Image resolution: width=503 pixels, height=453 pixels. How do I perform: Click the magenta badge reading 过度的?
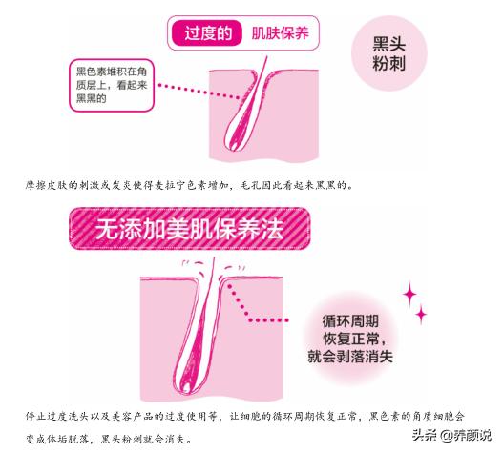(x=206, y=32)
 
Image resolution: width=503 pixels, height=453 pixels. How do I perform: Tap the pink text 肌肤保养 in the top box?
(x=280, y=33)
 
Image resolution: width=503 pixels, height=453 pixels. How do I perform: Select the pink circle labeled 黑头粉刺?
(x=388, y=53)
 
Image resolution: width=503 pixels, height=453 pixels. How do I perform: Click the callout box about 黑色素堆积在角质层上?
(x=112, y=85)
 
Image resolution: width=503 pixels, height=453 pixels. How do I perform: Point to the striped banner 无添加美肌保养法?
(x=190, y=229)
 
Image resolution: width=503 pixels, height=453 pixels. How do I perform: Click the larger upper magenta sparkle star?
(x=409, y=294)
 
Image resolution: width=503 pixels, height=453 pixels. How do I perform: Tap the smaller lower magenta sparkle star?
(x=421, y=314)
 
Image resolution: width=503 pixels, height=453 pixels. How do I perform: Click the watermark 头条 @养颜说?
(x=451, y=435)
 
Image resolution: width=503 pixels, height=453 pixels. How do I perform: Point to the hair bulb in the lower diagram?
(x=186, y=384)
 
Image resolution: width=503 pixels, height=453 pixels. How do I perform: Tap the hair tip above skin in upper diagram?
(x=266, y=58)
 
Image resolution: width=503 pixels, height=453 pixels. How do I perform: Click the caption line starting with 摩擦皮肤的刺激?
(x=189, y=185)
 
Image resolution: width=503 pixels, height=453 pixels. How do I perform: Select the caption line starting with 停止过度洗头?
(x=245, y=416)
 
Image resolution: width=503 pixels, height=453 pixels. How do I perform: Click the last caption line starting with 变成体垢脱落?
(x=109, y=439)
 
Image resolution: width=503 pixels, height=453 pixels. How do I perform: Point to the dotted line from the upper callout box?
(x=199, y=92)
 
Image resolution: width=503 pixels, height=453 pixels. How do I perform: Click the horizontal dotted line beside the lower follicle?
(x=269, y=319)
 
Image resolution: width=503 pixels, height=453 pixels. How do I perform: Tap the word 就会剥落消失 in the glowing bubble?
(x=350, y=357)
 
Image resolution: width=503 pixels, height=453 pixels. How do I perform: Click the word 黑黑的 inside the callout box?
(x=91, y=98)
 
